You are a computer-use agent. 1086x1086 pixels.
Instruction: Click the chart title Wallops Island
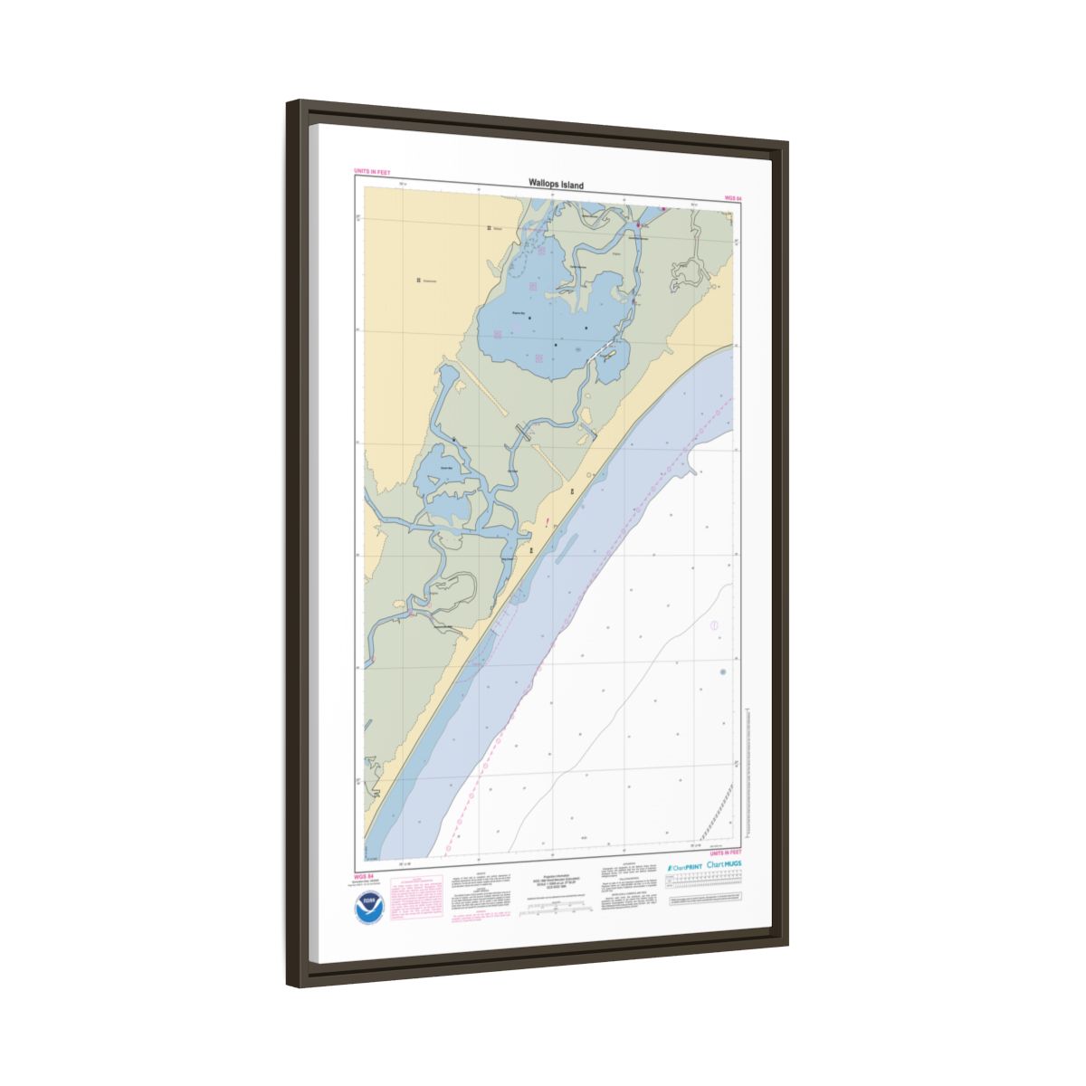click(557, 185)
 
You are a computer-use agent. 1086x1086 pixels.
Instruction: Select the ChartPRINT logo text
click(685, 866)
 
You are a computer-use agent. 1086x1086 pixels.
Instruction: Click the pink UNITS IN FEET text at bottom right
click(726, 853)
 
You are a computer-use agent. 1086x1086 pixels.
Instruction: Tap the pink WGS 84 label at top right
click(733, 196)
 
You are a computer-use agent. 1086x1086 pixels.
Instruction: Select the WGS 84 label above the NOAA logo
click(364, 877)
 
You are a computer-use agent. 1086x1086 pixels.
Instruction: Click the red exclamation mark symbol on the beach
click(548, 521)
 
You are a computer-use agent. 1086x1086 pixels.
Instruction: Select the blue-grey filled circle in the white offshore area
click(722, 672)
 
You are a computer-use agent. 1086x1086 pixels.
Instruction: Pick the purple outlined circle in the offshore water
click(714, 624)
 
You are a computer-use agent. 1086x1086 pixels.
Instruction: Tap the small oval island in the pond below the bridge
click(609, 357)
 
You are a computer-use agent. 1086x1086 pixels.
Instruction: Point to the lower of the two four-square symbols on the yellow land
click(419, 281)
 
